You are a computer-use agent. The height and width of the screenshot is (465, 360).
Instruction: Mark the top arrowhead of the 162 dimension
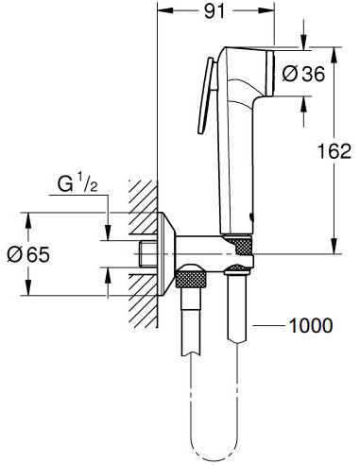pyautogui.click(x=337, y=49)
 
